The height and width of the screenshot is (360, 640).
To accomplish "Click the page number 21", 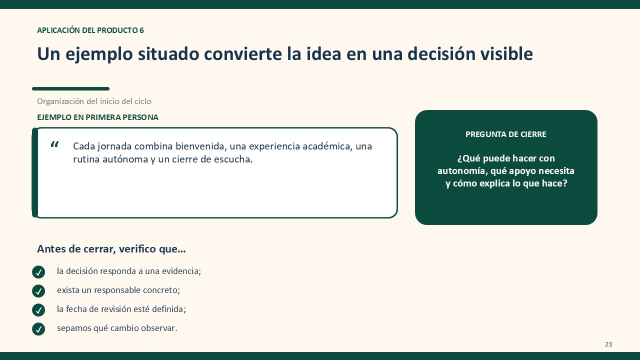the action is click(608, 344).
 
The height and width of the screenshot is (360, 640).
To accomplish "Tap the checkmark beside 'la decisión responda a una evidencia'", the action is click(38, 272).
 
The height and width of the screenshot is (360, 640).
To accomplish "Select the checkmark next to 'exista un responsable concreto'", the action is click(38, 291).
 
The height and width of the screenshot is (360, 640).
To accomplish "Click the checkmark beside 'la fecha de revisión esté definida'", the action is click(38, 310).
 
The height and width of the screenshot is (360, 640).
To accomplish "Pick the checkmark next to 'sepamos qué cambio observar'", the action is click(38, 329).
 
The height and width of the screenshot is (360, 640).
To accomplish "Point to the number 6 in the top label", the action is click(141, 30).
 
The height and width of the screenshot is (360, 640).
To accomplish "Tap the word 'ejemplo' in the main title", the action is click(99, 54).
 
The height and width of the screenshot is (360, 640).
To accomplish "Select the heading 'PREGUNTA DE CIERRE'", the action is click(505, 134).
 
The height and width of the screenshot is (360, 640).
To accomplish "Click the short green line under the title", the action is click(71, 89).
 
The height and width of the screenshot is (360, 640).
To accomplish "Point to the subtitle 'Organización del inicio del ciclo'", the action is click(94, 101).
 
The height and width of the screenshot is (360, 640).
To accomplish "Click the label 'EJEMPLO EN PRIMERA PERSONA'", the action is click(97, 117).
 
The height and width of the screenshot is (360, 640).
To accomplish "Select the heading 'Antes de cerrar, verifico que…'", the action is click(111, 249).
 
